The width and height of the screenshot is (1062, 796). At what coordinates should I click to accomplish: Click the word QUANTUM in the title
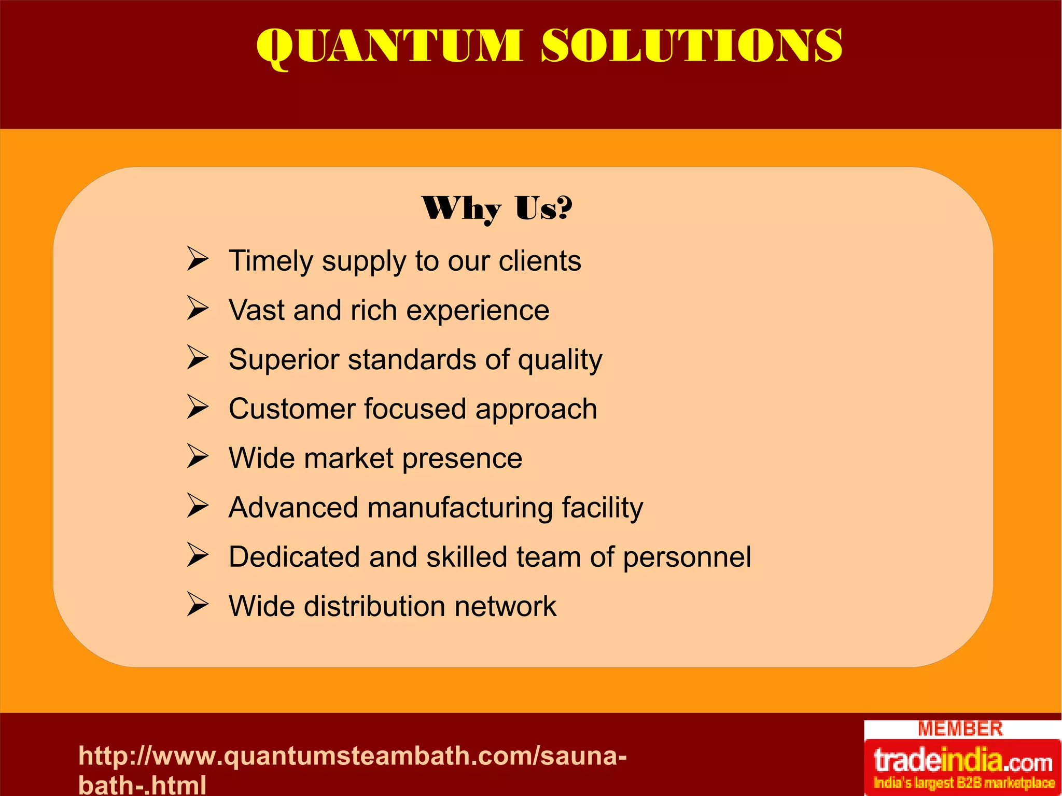tap(389, 47)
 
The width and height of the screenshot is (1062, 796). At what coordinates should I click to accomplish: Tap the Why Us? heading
tap(497, 208)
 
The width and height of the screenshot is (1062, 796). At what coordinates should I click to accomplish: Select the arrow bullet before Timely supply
tap(198, 259)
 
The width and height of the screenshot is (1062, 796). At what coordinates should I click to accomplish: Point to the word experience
tap(478, 311)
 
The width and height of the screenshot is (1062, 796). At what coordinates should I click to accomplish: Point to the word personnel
tap(687, 558)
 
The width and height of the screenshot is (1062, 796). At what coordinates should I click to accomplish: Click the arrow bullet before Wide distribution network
tap(198, 604)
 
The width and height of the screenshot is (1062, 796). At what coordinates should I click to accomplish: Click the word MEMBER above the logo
tap(960, 729)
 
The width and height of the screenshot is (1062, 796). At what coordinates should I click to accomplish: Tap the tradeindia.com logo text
tap(963, 761)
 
